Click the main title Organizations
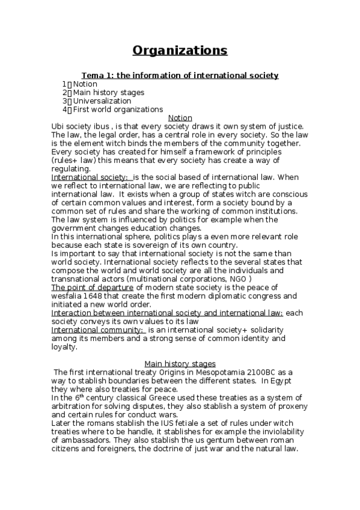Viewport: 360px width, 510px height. (x=180, y=50)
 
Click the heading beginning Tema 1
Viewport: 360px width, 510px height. (x=180, y=75)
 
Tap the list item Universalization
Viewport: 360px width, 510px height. (x=102, y=101)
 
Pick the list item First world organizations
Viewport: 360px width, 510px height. (x=118, y=109)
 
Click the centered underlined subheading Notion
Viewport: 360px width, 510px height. (x=180, y=118)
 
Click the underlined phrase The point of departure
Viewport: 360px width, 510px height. (x=91, y=287)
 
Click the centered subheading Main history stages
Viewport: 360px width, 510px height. (x=180, y=363)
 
